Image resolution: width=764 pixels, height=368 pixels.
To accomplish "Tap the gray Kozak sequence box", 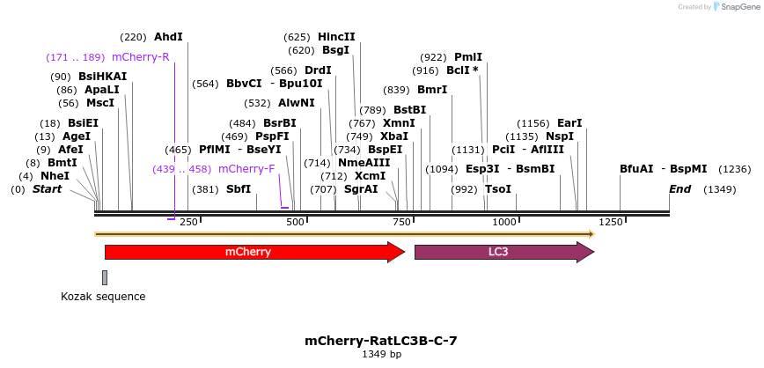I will pyautogui.click(x=105, y=277).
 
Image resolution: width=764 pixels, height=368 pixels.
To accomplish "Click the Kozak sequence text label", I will pyautogui.click(x=103, y=297).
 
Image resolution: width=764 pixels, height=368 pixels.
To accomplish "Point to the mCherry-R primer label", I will pyautogui.click(x=140, y=57).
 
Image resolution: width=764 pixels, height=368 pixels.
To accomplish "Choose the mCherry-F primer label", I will pyautogui.click(x=246, y=169).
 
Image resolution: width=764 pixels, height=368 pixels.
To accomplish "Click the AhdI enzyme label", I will pyautogui.click(x=168, y=37).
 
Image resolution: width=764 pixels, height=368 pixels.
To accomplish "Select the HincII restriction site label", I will pyautogui.click(x=336, y=37).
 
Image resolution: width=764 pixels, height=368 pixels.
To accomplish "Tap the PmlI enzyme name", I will pyautogui.click(x=467, y=57).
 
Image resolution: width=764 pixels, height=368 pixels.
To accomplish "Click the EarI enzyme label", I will pyautogui.click(x=569, y=123).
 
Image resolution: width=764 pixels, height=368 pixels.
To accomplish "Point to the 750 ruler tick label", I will pyautogui.click(x=402, y=223).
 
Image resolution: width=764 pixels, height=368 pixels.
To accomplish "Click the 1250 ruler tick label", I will pyautogui.click(x=611, y=223).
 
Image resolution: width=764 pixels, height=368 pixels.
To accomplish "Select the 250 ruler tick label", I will pyautogui.click(x=188, y=223).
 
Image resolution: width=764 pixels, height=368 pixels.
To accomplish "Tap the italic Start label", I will pyautogui.click(x=48, y=189).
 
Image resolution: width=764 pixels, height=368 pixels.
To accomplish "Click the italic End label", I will pyautogui.click(x=680, y=189).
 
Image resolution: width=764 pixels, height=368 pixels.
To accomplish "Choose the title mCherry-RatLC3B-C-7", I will pyautogui.click(x=381, y=341).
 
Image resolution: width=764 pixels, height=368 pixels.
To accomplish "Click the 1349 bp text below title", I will pyautogui.click(x=381, y=355).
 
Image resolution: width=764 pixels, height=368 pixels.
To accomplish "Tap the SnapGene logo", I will pyautogui.click(x=735, y=6).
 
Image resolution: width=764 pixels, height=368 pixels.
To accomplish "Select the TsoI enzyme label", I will pyautogui.click(x=498, y=189).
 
